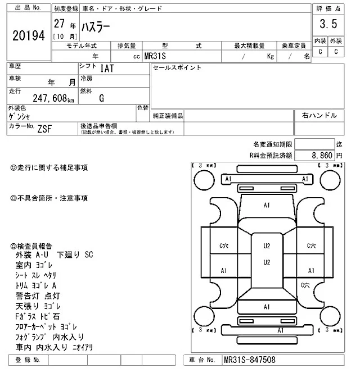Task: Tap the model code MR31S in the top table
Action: [x=155, y=56]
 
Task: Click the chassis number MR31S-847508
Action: [x=249, y=360]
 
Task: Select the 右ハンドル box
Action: [x=319, y=115]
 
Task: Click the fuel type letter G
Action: [x=101, y=98]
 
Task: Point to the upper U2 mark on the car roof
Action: [x=267, y=246]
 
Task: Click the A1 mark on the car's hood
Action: [x=267, y=206]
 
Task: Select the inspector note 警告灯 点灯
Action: [x=39, y=295]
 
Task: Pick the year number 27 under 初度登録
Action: [x=58, y=24]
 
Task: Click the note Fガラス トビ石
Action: [x=39, y=316]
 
